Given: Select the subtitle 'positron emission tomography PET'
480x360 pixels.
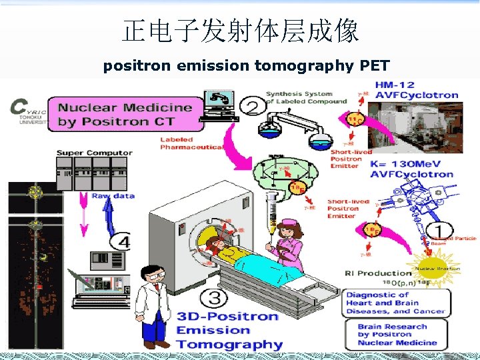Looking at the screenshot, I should tap(246, 65).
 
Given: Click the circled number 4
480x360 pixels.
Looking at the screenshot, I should tap(121, 241).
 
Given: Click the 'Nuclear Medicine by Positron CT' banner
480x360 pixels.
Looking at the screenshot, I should tap(130, 114).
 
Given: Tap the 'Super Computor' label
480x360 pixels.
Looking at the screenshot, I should tap(94, 153).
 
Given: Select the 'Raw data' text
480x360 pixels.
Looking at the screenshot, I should tap(113, 196).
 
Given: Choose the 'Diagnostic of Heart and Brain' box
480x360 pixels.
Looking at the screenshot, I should tap(396, 303).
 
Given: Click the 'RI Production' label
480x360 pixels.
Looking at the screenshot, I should tap(378, 273).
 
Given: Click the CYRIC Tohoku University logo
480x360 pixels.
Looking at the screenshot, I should tap(28, 112).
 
